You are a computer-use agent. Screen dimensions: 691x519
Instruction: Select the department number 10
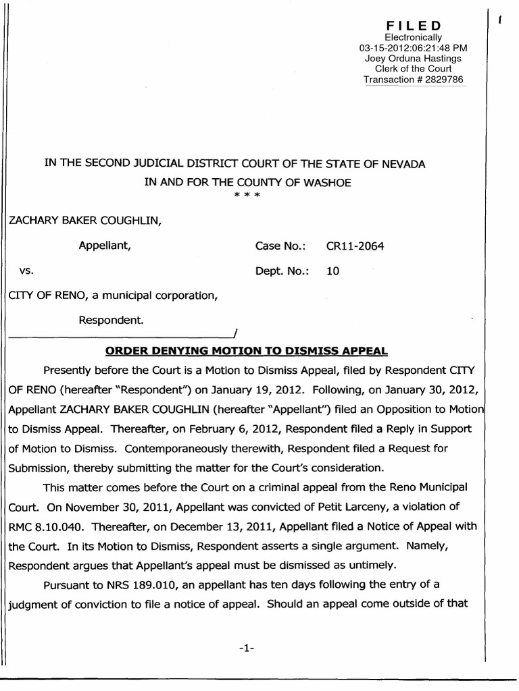click(x=332, y=271)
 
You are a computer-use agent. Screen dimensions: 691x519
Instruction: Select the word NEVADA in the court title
click(x=399, y=163)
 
